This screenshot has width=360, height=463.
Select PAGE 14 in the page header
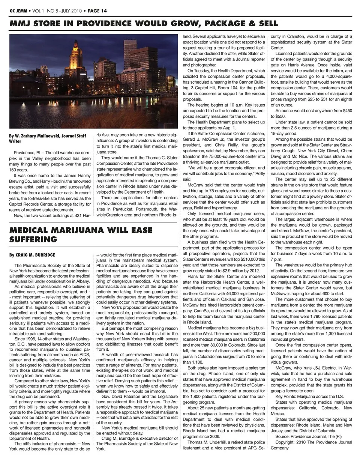97,11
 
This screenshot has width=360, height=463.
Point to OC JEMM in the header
18,11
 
